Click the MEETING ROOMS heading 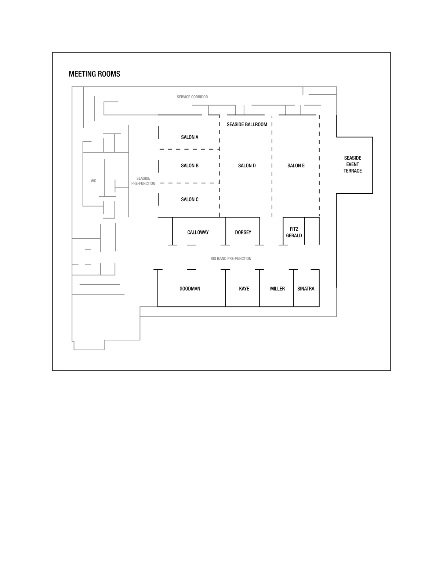click(94, 74)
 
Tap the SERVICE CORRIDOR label click(192, 97)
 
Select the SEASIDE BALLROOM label click(247, 124)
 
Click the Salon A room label click(189, 137)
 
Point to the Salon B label click(189, 165)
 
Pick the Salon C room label click(189, 199)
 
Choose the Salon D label click(247, 165)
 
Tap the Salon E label click(296, 165)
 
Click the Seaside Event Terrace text click(352, 164)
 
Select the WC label click(93, 181)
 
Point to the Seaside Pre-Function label click(143, 181)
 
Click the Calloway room click(198, 232)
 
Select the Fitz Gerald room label click(294, 232)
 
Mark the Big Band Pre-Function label click(231, 259)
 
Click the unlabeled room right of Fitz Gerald click(312, 231)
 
